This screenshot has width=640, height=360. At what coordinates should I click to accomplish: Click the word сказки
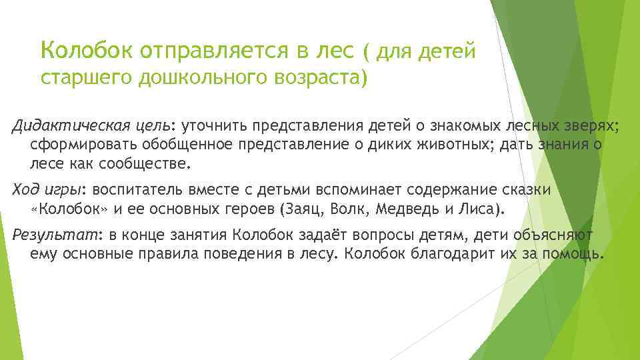527,189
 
